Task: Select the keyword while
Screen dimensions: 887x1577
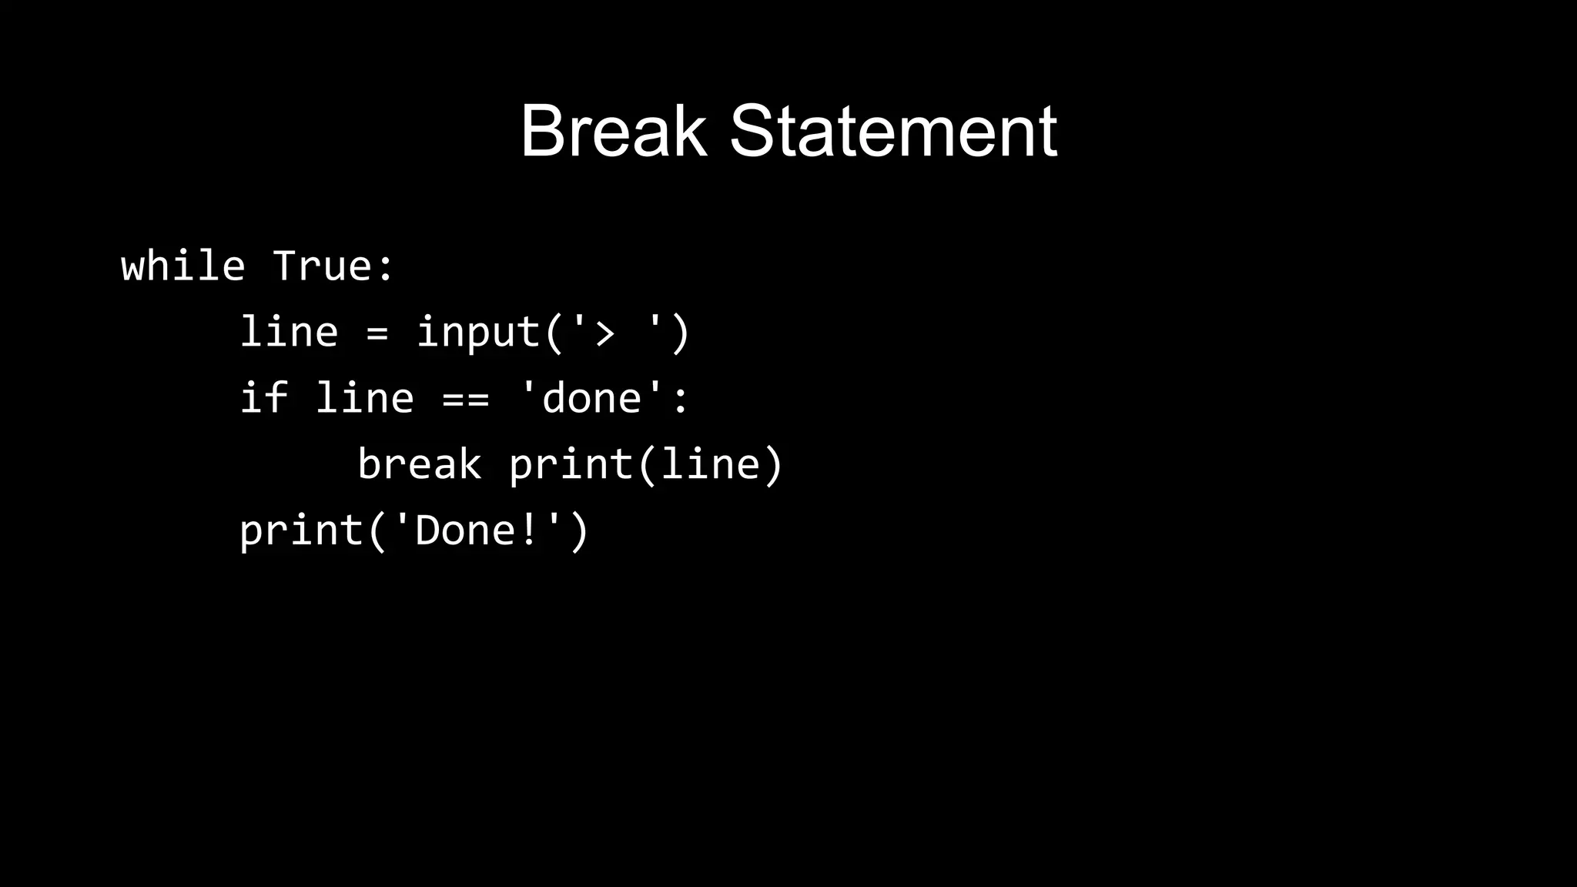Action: (183, 266)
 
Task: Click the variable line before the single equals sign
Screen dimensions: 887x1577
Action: (289, 333)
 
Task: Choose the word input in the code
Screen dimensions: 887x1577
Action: (478, 333)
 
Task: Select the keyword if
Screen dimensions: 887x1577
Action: (263, 399)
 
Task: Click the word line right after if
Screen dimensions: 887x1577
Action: (364, 399)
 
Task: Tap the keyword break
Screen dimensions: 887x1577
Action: (420, 465)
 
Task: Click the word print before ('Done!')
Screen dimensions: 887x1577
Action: (301, 531)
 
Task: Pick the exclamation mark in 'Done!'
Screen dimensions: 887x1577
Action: (529, 531)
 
